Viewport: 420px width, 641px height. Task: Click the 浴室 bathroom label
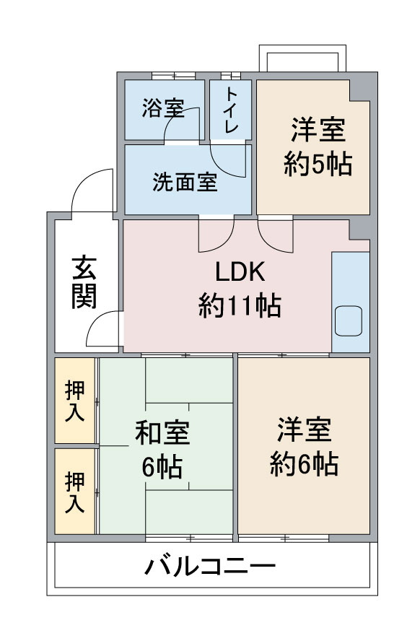162,110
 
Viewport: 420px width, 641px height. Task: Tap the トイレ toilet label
231,110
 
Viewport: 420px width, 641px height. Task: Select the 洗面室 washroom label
185,183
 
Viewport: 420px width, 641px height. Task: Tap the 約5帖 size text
318,165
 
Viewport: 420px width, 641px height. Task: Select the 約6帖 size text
305,463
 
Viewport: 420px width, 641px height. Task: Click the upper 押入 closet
74,401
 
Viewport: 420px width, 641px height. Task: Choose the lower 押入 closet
74,492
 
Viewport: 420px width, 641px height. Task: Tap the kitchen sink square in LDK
350,320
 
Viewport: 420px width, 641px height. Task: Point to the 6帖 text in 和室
162,466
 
